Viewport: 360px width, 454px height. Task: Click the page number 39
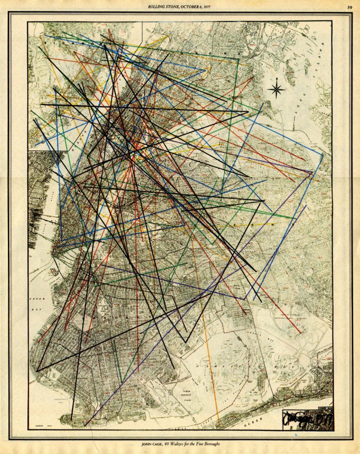point(349,6)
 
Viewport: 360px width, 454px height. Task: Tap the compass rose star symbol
point(276,89)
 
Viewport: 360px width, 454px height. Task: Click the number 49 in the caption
point(167,444)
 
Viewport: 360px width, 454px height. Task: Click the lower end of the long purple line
point(85,426)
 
